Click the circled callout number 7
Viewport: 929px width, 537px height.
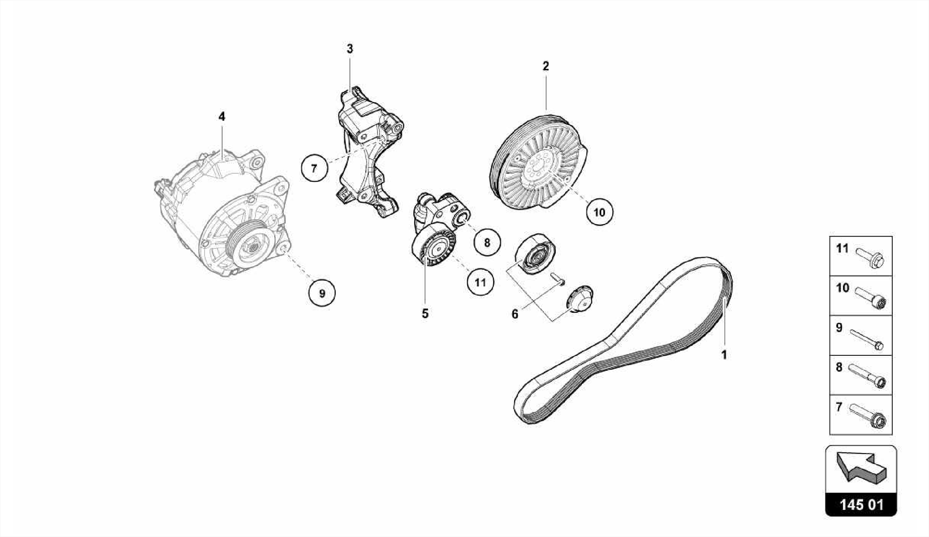point(314,168)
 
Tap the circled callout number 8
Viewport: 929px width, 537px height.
point(487,242)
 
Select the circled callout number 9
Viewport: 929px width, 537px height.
point(322,293)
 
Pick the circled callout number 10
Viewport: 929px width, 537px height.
point(599,212)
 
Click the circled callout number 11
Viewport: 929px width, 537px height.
point(480,283)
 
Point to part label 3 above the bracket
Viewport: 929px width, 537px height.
point(350,49)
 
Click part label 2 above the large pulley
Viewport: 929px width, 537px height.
point(546,66)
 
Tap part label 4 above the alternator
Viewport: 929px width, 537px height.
point(221,117)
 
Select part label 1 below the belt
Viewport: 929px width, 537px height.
point(724,355)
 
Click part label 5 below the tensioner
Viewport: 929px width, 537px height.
point(425,314)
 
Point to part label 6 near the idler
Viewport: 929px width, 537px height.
point(515,314)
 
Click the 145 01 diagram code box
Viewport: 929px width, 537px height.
point(861,505)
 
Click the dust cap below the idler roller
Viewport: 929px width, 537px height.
point(580,299)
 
